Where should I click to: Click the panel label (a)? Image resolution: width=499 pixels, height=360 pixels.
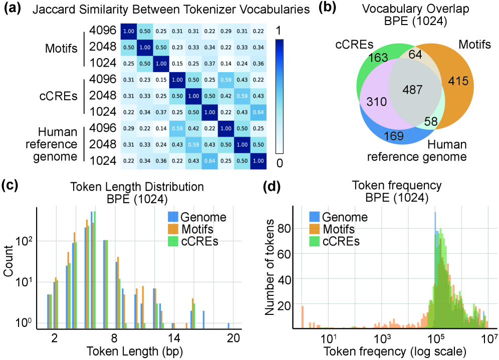14,9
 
